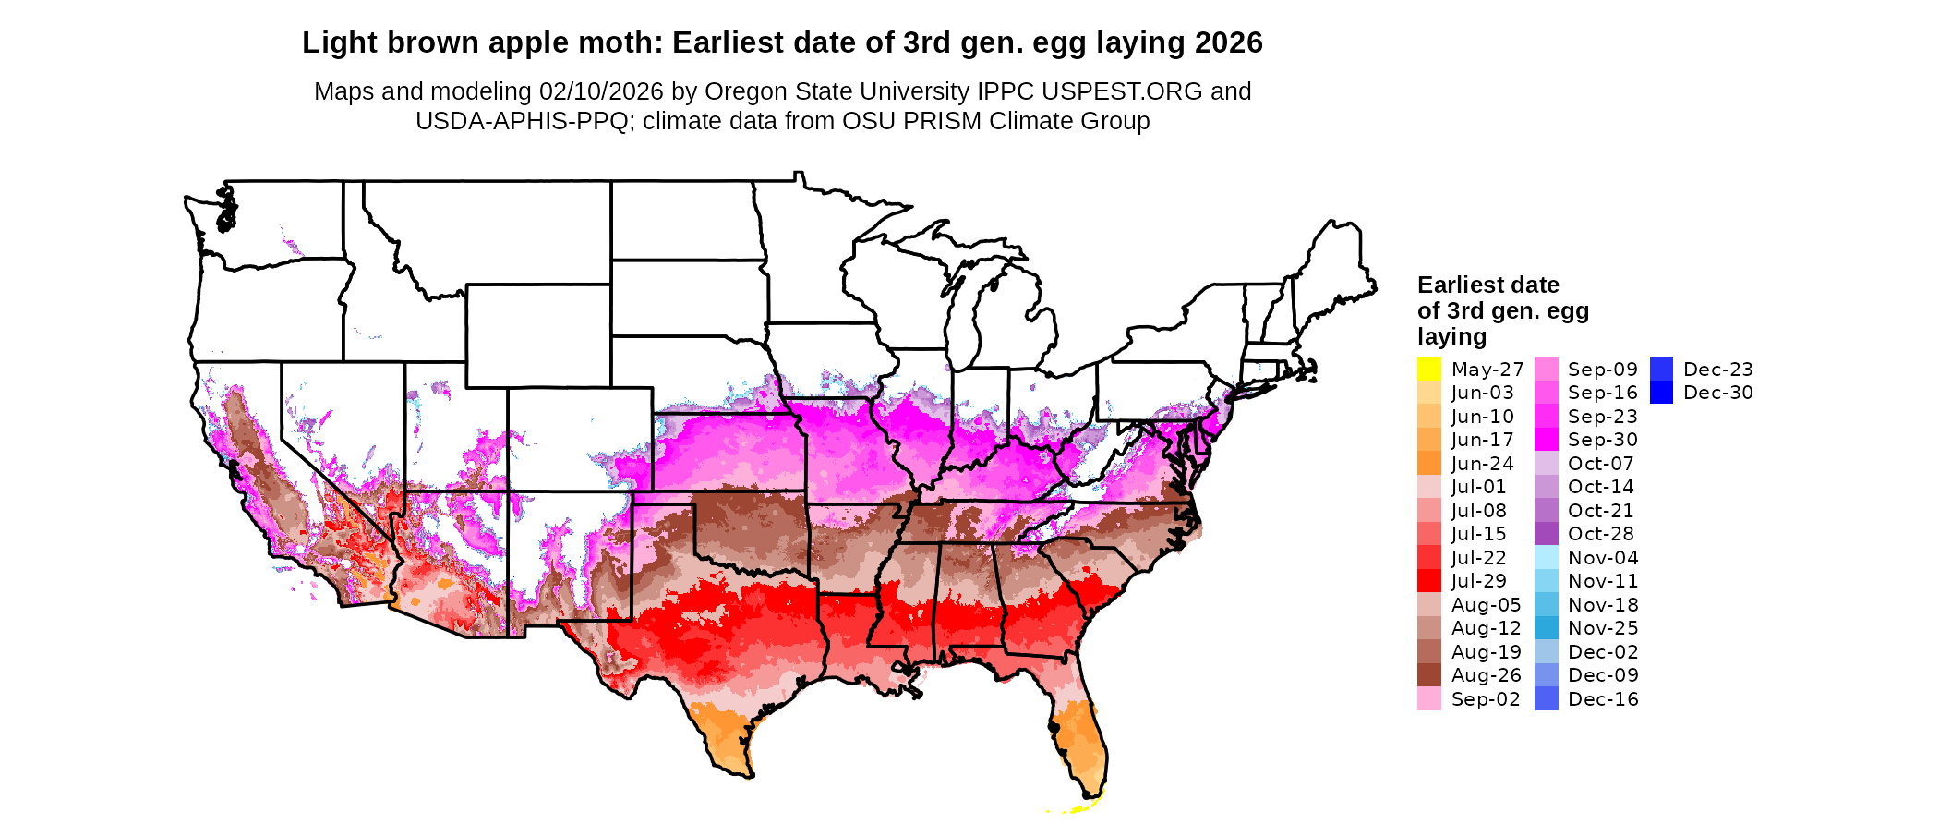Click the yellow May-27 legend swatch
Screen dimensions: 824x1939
1428,369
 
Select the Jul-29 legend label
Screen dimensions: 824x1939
1478,581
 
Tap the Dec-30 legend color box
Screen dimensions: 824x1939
1661,393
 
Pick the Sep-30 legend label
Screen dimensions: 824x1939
1602,440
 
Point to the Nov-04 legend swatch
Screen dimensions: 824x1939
1546,557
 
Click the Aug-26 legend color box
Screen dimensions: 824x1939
1428,675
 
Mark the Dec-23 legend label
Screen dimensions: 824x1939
1717,370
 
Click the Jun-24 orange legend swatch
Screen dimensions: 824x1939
1428,463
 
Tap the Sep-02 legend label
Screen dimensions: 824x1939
1485,699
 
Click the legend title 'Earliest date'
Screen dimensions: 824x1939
1487,285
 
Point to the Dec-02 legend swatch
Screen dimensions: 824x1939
1546,651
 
